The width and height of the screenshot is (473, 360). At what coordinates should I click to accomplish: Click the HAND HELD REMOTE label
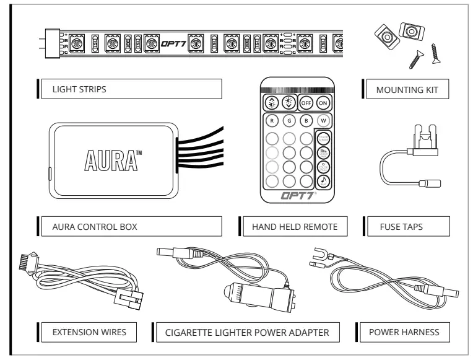coord(293,227)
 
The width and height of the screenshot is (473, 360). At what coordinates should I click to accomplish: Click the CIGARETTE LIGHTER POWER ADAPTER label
coord(246,332)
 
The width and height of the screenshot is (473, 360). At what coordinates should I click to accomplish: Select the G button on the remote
coord(289,121)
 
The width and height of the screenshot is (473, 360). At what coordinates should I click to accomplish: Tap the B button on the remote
coord(306,121)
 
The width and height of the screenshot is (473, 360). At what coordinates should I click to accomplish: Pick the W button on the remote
coord(323,121)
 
